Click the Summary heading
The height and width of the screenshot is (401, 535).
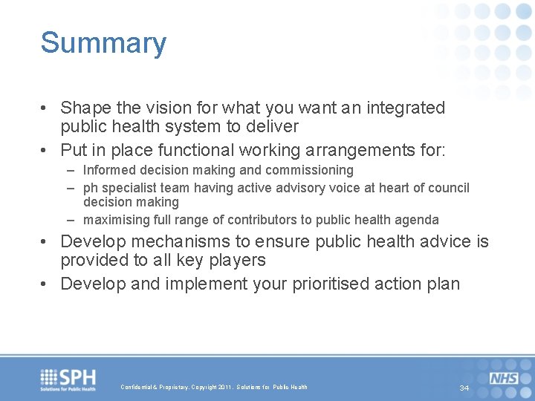point(103,43)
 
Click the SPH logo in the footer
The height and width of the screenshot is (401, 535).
point(68,379)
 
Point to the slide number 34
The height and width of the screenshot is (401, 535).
point(464,388)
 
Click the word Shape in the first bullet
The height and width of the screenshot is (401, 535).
point(84,108)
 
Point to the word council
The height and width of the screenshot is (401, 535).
point(446,188)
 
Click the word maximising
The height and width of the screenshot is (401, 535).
point(114,220)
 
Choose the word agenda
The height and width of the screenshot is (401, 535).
point(418,220)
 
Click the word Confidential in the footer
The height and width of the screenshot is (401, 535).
point(137,388)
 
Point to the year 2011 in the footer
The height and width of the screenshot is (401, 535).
point(224,388)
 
